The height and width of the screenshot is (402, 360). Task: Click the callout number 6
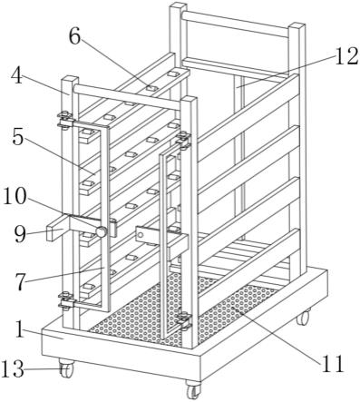pyautogui.click(x=74, y=37)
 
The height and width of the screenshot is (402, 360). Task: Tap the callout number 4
pyautogui.click(x=16, y=76)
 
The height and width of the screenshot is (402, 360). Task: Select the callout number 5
pyautogui.click(x=18, y=138)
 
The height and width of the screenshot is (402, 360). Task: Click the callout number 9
pyautogui.click(x=20, y=234)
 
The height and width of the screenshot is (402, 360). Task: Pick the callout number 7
pyautogui.click(x=21, y=282)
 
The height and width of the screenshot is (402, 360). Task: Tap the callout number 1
pyautogui.click(x=19, y=329)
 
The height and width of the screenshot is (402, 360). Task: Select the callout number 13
pyautogui.click(x=13, y=369)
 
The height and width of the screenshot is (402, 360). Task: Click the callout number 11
pyautogui.click(x=333, y=363)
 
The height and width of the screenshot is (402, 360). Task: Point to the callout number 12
pyautogui.click(x=347, y=56)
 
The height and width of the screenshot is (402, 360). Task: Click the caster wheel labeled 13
pyautogui.click(x=66, y=368)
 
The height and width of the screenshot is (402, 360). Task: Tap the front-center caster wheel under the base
pyautogui.click(x=193, y=389)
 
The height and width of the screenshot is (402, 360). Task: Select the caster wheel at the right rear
pyautogui.click(x=303, y=317)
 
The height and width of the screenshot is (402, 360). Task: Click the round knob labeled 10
pyautogui.click(x=102, y=231)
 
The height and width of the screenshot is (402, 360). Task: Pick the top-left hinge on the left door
pyautogui.click(x=64, y=120)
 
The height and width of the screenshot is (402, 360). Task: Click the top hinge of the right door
pyautogui.click(x=183, y=140)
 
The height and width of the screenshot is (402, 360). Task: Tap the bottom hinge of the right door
pyautogui.click(x=183, y=321)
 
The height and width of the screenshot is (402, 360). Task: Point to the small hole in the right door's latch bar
pyautogui.click(x=141, y=234)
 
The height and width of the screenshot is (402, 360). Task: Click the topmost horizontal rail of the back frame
pyautogui.click(x=236, y=25)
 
